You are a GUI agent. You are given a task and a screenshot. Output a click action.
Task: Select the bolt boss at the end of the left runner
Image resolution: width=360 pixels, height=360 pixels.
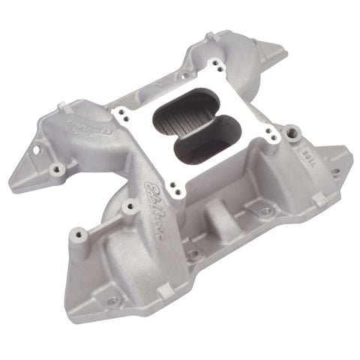tap(56, 169)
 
